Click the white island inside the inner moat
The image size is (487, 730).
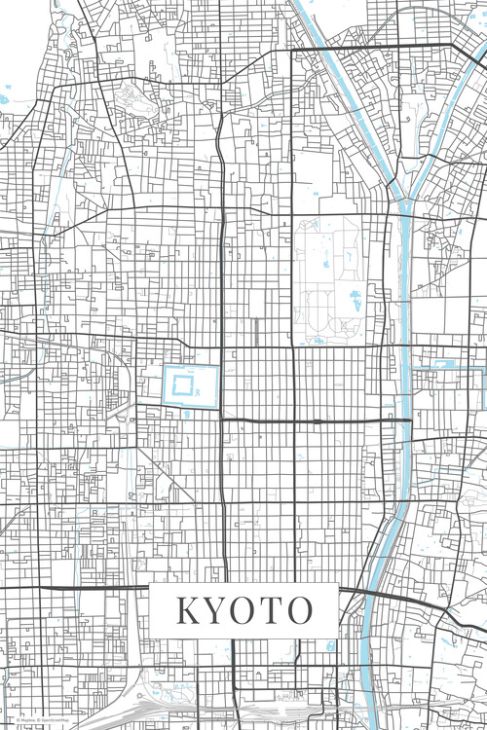point(184,385)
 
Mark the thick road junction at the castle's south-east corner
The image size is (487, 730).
point(221,418)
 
